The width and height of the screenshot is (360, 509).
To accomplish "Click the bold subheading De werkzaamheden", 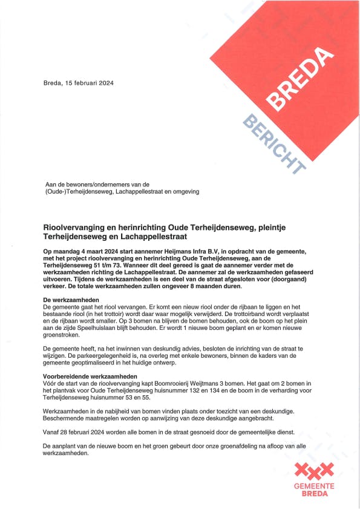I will (70, 300).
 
